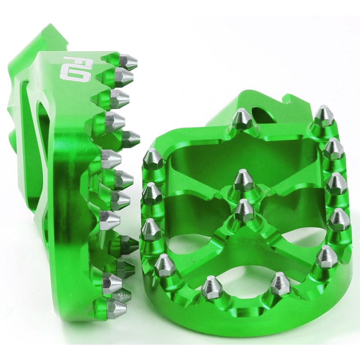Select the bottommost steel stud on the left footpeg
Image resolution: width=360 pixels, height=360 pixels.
pyautogui.click(x=117, y=306)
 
